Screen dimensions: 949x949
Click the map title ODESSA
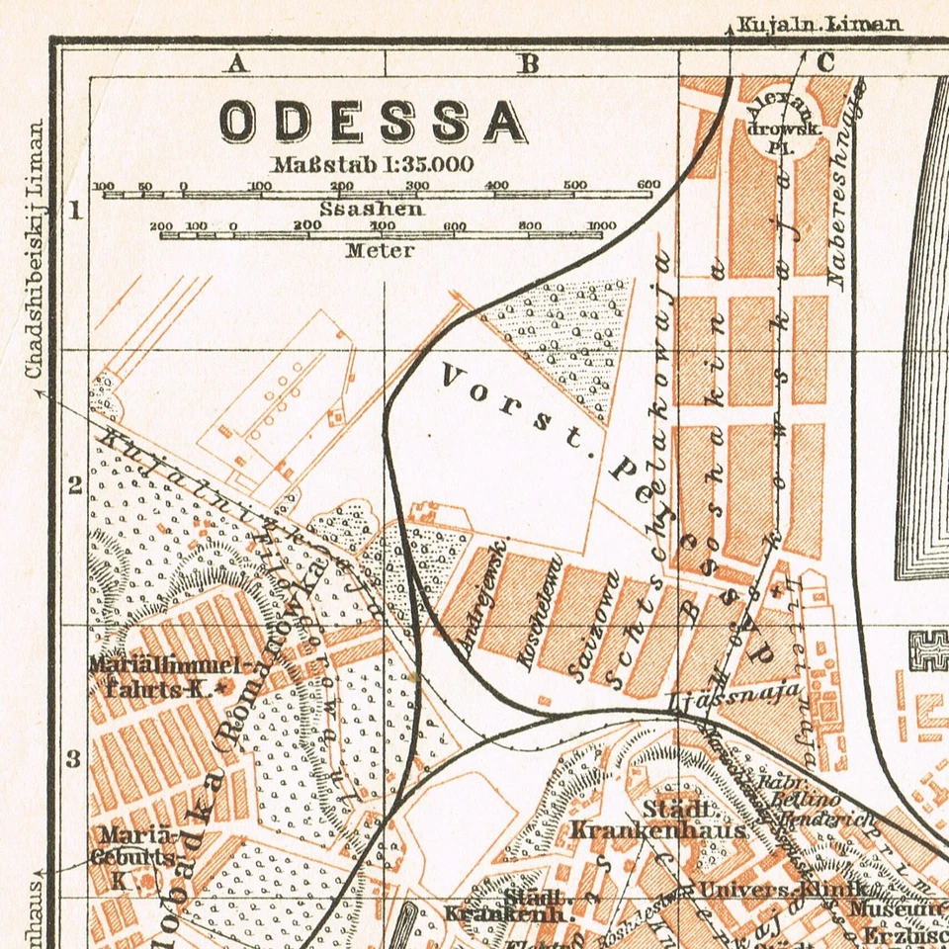[373, 123]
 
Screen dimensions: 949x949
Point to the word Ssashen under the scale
[372, 210]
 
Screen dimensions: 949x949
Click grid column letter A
[235, 63]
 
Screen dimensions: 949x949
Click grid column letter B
[530, 63]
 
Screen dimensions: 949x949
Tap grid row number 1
[72, 210]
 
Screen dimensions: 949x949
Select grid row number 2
[72, 485]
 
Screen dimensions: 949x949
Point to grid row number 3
[72, 759]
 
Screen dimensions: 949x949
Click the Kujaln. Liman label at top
[820, 24]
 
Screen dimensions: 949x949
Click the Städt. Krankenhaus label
[656, 820]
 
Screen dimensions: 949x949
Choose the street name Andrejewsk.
[483, 599]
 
